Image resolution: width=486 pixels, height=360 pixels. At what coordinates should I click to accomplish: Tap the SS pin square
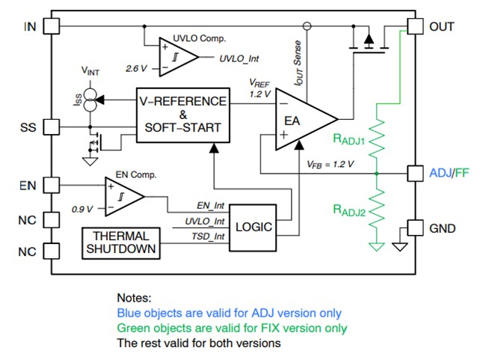51,126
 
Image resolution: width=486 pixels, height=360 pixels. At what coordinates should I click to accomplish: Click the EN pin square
51,184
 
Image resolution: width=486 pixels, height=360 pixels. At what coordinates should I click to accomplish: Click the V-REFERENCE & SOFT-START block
182,115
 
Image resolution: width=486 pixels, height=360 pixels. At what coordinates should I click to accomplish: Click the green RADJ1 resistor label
349,139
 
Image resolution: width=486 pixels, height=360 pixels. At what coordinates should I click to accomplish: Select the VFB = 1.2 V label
330,163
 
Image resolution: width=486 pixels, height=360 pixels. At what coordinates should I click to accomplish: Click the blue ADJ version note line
229,314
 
